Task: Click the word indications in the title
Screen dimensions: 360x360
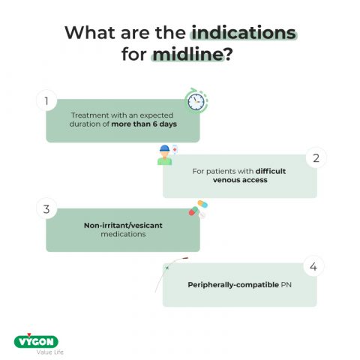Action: (x=244, y=34)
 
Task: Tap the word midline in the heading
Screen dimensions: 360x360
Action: (x=187, y=55)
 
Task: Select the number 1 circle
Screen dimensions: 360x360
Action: (x=46, y=100)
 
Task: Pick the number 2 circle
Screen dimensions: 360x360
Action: (x=316, y=158)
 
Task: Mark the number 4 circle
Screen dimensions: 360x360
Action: (x=315, y=266)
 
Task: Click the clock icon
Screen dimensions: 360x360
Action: (x=195, y=102)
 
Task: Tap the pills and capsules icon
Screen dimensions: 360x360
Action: (x=198, y=209)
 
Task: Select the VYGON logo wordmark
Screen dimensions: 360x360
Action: (x=36, y=341)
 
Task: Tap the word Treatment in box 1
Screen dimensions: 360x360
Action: (x=88, y=115)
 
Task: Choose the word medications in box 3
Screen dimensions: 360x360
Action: (x=123, y=235)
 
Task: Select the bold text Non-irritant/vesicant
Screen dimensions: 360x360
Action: (x=123, y=225)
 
